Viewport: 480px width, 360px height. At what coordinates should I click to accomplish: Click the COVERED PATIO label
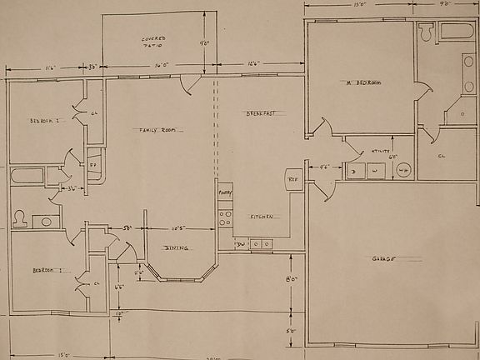152,42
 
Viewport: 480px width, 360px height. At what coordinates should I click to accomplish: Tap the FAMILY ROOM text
156,129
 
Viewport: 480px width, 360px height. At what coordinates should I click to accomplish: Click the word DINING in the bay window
176,247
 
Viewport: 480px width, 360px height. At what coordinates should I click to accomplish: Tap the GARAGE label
383,258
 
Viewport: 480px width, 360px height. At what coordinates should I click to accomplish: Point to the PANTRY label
225,192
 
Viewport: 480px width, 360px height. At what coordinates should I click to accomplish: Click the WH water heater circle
403,170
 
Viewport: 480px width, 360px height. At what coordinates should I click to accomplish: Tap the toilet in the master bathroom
427,33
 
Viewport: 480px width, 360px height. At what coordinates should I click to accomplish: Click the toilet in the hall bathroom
20,220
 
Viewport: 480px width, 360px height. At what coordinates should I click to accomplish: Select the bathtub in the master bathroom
456,32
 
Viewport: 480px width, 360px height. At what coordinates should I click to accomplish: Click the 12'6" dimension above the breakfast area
253,64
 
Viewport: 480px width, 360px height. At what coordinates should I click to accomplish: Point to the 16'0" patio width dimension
161,64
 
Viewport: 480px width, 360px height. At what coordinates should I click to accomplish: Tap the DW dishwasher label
239,244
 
